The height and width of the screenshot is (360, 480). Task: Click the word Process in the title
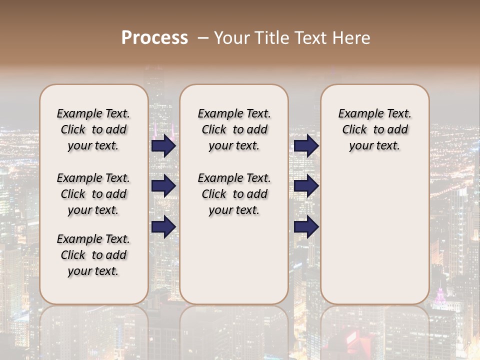[154, 38]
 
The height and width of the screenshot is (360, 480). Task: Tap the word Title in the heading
[271, 38]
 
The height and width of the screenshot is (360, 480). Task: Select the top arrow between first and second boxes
[163, 146]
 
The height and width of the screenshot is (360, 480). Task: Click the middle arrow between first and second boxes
[163, 186]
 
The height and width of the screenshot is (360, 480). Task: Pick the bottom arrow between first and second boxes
[163, 227]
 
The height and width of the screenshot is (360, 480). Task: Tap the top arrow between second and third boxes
[306, 146]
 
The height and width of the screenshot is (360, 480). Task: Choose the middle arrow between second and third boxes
[306, 186]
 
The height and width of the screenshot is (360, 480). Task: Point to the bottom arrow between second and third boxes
[306, 227]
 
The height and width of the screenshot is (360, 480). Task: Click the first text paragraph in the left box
[93, 129]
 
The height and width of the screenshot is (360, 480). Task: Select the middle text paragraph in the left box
[93, 194]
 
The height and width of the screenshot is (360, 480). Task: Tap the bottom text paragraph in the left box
[93, 255]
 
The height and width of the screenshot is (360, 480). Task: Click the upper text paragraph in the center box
[234, 129]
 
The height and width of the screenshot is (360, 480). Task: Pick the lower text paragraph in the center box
[234, 194]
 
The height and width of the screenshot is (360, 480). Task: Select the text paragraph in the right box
[374, 129]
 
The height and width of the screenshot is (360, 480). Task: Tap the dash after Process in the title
[202, 38]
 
